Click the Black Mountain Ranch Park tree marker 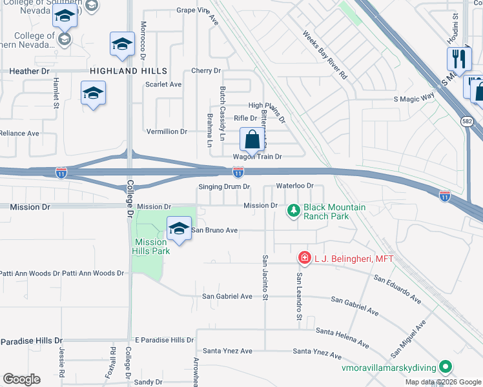click(294, 210)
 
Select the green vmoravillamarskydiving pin click(445, 367)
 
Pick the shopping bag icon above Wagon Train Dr click(252, 139)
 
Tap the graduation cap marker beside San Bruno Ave click(179, 228)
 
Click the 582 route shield click(466, 121)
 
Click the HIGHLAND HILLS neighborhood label click(128, 71)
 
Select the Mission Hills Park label click(152, 246)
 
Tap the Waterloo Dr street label click(294, 186)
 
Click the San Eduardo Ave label click(397, 288)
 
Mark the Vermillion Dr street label click(167, 132)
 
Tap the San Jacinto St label click(265, 277)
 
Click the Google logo click(21, 379)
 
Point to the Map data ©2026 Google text click(442, 382)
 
